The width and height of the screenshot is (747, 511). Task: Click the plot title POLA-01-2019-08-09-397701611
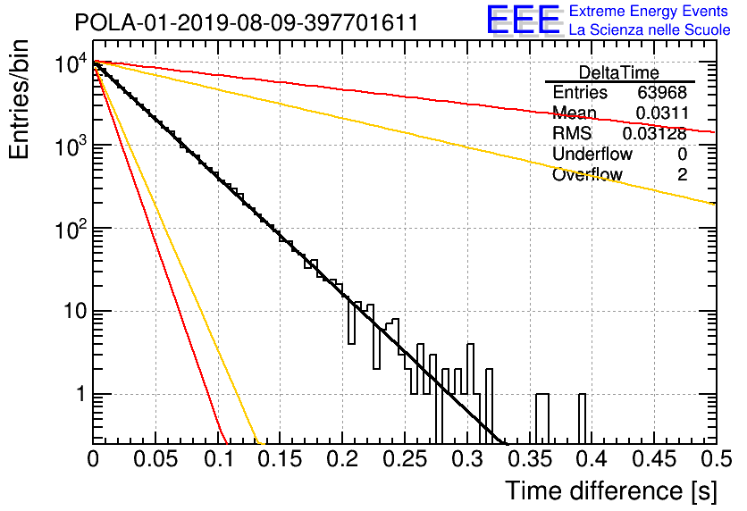[x=247, y=22]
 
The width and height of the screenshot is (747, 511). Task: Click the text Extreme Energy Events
[x=649, y=11]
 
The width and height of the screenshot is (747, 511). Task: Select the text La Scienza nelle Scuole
[x=650, y=29]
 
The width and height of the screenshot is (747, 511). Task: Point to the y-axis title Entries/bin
[x=19, y=99]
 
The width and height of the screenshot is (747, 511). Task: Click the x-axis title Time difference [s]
[x=611, y=490]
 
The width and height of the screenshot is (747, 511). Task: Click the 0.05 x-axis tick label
[x=155, y=459]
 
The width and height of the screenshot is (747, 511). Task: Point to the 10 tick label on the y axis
[x=75, y=312]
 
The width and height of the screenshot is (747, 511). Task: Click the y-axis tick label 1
[x=81, y=394]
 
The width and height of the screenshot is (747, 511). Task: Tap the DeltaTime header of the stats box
[x=619, y=72]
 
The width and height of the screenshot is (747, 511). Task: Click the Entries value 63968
[x=662, y=92]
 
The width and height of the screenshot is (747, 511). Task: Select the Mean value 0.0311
[x=662, y=113]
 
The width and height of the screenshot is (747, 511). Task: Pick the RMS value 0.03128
[x=655, y=134]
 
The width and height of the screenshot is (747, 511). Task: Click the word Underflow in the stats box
[x=592, y=154]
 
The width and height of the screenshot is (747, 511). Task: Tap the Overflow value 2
[x=682, y=175]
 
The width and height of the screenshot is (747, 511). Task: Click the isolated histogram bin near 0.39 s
[x=583, y=419]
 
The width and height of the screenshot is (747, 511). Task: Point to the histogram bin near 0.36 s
[x=542, y=419]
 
